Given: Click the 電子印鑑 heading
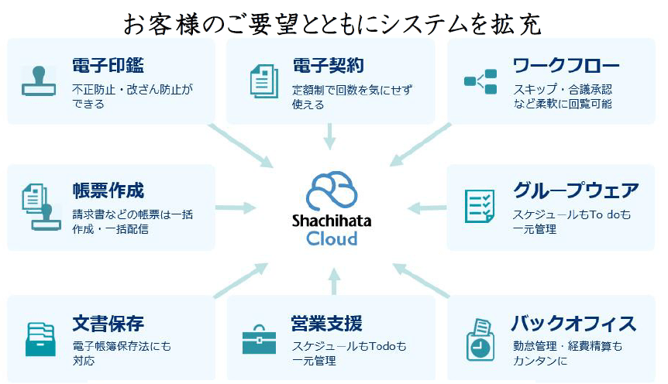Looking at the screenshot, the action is click(x=108, y=65).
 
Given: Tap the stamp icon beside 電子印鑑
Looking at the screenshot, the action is click(x=39, y=81).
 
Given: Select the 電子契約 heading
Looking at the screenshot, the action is click(x=328, y=66).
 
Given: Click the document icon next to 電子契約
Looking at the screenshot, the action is click(x=264, y=81).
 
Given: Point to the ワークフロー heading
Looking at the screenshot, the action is click(x=566, y=65).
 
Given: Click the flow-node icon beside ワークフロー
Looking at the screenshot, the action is click(x=480, y=81).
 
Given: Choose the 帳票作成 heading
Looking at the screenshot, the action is click(x=108, y=190).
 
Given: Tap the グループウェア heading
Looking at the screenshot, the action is click(x=576, y=190).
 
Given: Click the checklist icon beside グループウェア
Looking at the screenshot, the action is click(x=480, y=207).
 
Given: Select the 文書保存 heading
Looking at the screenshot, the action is click(x=108, y=324).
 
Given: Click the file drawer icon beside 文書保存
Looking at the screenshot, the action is click(x=40, y=339).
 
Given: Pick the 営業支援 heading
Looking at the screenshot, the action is click(x=327, y=324).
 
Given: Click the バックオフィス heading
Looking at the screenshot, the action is click(x=574, y=324).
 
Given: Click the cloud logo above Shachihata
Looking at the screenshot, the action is click(x=332, y=190).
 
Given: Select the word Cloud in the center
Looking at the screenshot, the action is click(x=332, y=238).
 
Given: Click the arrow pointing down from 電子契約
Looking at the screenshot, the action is click(x=330, y=136).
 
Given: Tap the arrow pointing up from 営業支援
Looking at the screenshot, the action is click(x=335, y=281).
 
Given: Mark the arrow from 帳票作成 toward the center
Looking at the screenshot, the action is click(x=236, y=207).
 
